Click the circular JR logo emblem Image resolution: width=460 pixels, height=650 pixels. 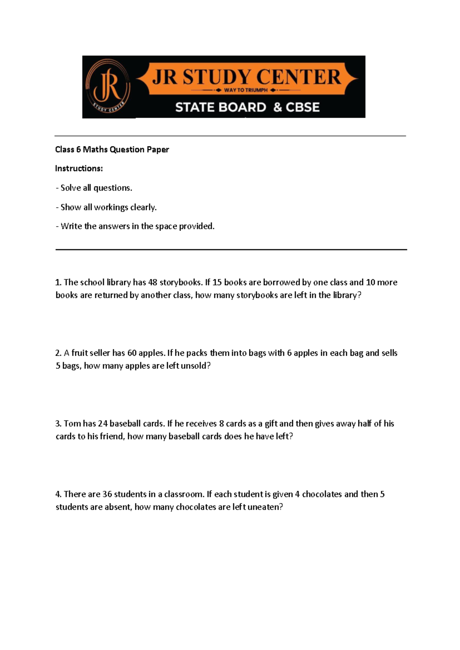108,86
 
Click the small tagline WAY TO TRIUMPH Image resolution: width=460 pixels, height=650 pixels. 246,90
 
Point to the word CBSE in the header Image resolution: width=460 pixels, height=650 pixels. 302,107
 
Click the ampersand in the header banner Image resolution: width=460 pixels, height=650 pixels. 278,107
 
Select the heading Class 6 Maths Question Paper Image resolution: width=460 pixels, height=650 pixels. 112,149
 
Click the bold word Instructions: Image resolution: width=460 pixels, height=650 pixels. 79,169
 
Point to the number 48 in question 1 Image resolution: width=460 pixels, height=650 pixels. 153,282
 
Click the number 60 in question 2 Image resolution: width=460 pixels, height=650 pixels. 132,353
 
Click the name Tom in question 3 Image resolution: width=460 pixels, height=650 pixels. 72,423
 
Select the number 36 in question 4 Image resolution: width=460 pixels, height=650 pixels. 107,494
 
